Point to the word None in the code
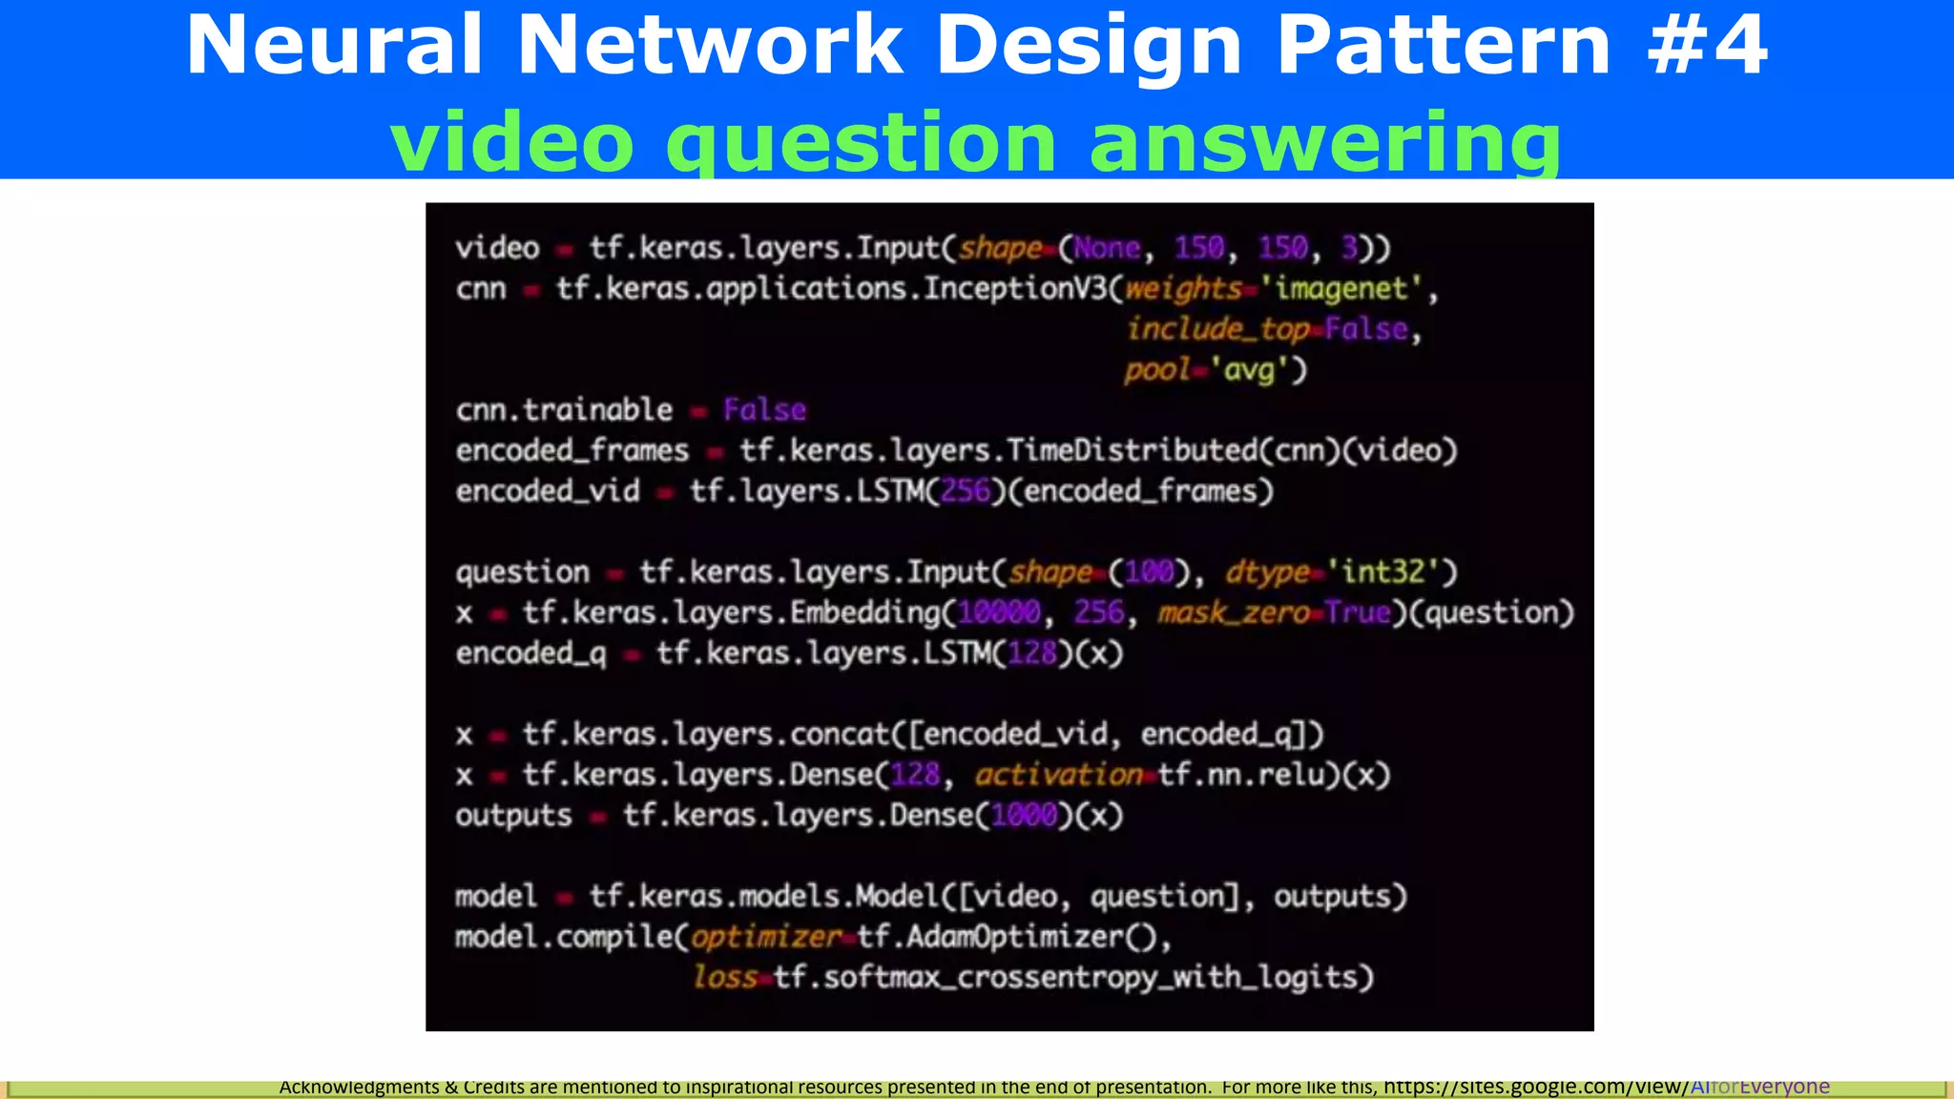pos(1107,248)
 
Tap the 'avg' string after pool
pos(1249,369)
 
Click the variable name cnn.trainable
pos(564,410)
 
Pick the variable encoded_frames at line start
pos(572,450)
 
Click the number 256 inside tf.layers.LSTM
pos(966,491)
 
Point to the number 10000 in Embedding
pos(999,612)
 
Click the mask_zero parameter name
pos(1234,612)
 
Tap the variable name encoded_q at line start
pos(530,653)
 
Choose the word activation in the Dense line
pos(1058,775)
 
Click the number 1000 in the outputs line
pos(1025,816)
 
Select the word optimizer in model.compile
pos(766,937)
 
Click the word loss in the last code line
pos(725,977)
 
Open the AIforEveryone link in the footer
pos(1759,1087)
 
